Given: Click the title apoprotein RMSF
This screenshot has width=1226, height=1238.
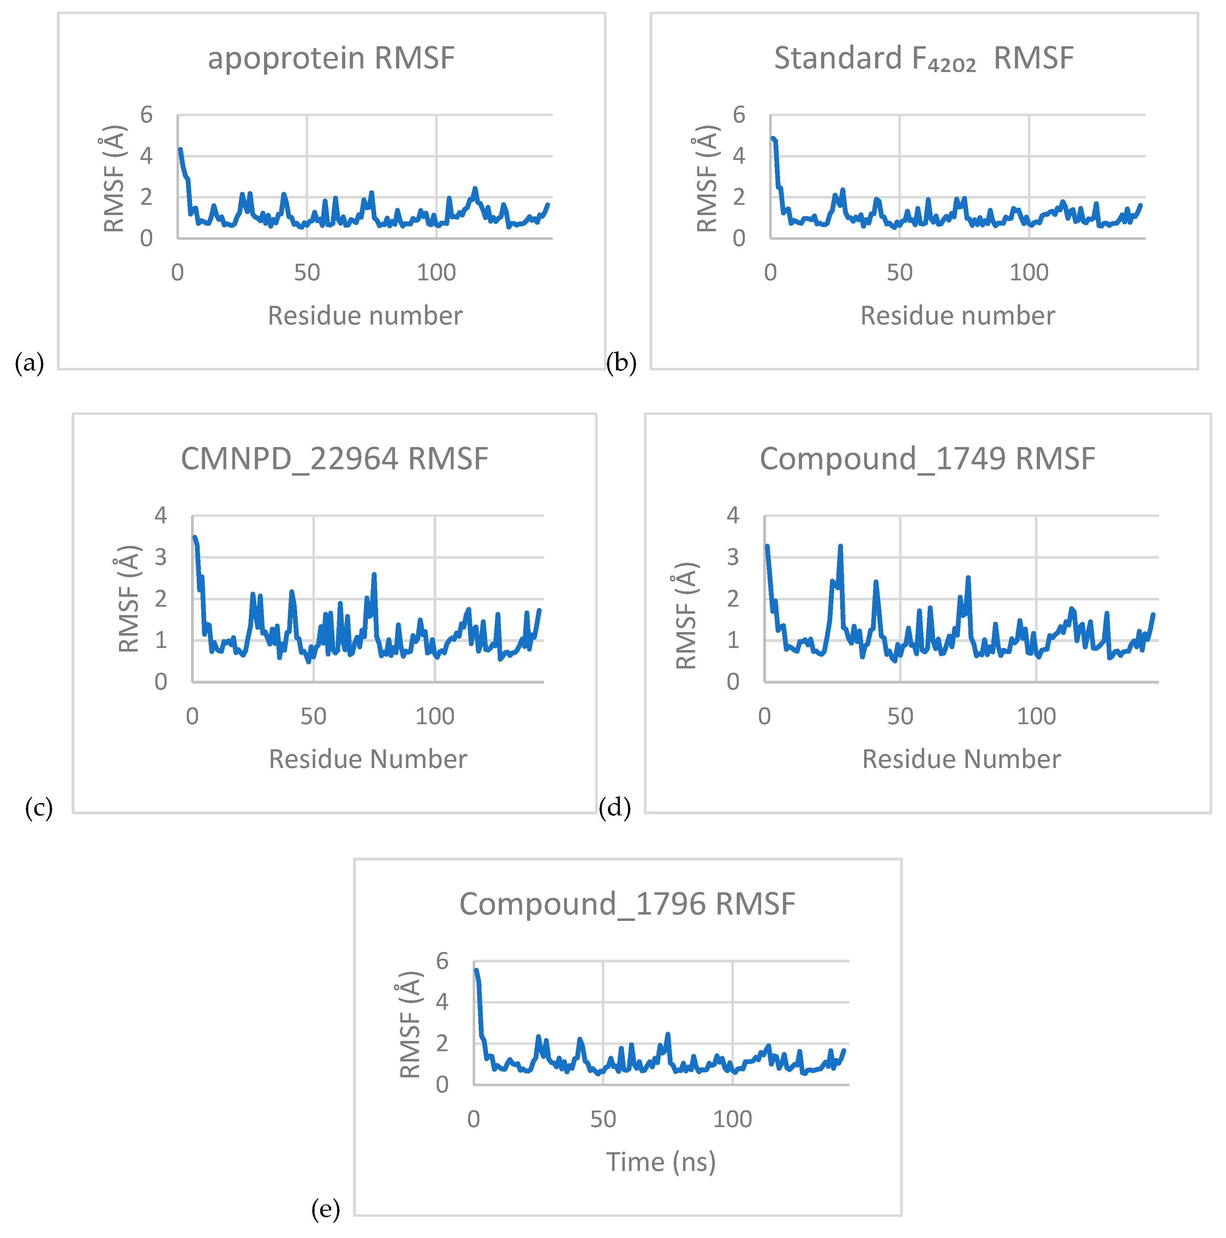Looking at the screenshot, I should [331, 58].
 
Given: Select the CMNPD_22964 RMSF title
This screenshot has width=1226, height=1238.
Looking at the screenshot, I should [334, 459].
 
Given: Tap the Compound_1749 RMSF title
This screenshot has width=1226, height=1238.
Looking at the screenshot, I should [927, 459].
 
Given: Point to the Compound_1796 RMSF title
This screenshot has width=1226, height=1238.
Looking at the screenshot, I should [627, 904].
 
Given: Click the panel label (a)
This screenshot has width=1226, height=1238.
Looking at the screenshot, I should [29, 363].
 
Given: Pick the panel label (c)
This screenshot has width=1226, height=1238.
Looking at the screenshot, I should [38, 808].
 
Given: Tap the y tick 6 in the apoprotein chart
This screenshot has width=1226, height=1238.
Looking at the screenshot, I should [147, 115].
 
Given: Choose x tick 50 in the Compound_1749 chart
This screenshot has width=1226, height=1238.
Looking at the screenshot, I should [900, 716].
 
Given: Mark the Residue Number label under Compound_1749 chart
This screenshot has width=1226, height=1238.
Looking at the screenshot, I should [961, 759].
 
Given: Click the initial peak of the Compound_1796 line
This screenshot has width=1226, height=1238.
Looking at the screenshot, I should [476, 970].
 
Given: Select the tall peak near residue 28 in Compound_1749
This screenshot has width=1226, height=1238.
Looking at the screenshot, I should [840, 547].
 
